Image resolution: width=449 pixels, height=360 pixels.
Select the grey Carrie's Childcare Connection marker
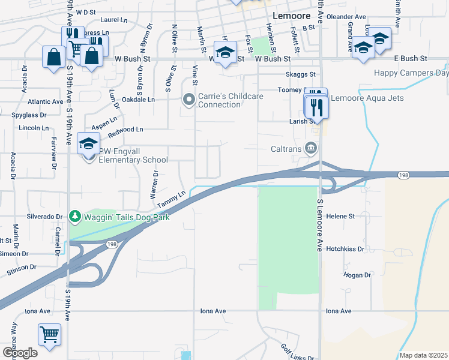(188, 99)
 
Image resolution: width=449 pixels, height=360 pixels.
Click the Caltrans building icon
(311, 147)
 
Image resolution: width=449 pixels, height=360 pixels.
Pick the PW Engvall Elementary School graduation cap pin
(88, 145)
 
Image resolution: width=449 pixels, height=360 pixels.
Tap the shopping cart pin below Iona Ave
(49, 334)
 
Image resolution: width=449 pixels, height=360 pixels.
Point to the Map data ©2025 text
(423, 355)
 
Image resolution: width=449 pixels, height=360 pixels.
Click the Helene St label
(340, 215)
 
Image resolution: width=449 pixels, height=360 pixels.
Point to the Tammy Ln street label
(172, 200)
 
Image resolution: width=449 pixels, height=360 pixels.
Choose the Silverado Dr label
(44, 216)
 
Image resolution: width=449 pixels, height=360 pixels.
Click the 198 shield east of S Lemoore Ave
(403, 174)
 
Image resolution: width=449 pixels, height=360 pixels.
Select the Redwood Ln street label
(125, 130)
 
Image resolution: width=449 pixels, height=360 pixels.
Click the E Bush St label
(410, 58)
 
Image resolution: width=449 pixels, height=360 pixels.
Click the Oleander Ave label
(352, 17)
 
